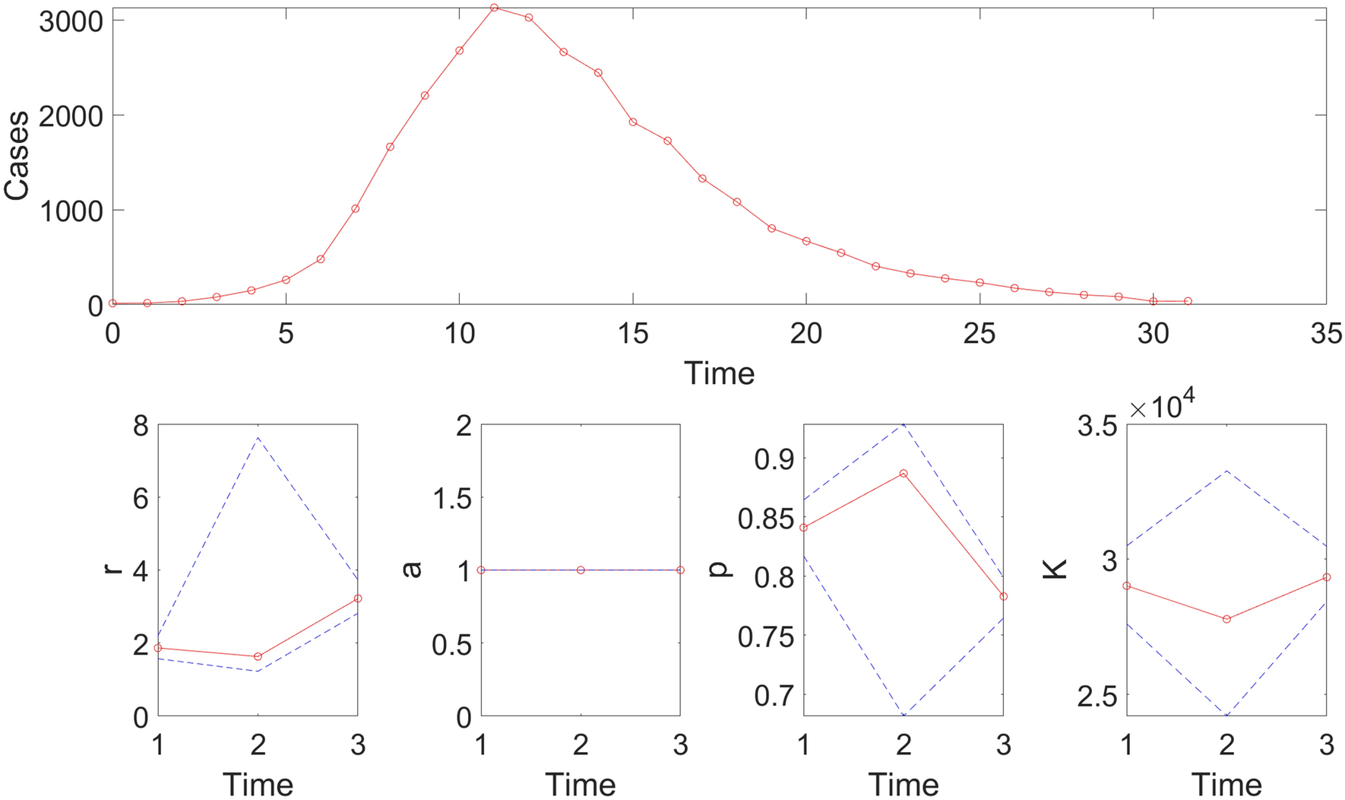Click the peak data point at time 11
tap(494, 8)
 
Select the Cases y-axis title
tap(17, 156)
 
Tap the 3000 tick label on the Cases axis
tap(71, 21)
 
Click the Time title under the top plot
tap(719, 373)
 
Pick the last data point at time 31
tap(1188, 301)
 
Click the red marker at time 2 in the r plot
tap(258, 656)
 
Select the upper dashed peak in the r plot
tap(258, 438)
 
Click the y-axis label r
tap(114, 570)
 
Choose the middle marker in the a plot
tap(581, 570)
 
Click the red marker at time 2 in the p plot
tap(904, 473)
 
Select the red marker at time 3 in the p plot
tap(1003, 596)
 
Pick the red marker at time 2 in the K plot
tap(1226, 619)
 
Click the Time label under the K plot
tap(1226, 783)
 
